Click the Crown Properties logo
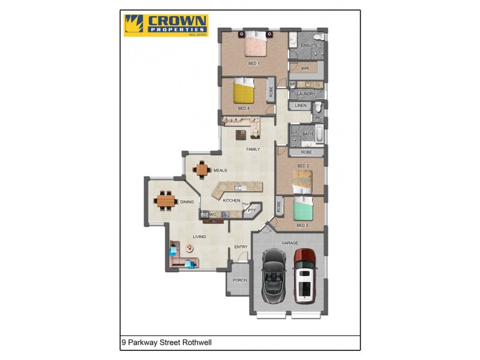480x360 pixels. pos(166,25)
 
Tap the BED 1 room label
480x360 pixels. pos(254,63)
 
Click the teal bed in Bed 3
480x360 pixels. pos(304,211)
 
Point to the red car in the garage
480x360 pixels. pos(304,275)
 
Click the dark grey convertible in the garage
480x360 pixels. pos(274,275)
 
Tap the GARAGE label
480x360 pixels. pos(290,243)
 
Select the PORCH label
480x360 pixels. pos(240,280)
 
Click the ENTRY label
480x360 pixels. pos(241,247)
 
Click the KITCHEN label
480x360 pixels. pos(232,200)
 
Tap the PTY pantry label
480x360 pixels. pos(251,210)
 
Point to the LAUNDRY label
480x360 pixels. pos(306,94)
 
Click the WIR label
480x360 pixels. pos(305,68)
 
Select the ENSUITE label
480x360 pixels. pos(309,46)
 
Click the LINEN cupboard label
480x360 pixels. pos(301,106)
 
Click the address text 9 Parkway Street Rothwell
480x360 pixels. pos(167,343)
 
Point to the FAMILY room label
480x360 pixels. pos(253,149)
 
